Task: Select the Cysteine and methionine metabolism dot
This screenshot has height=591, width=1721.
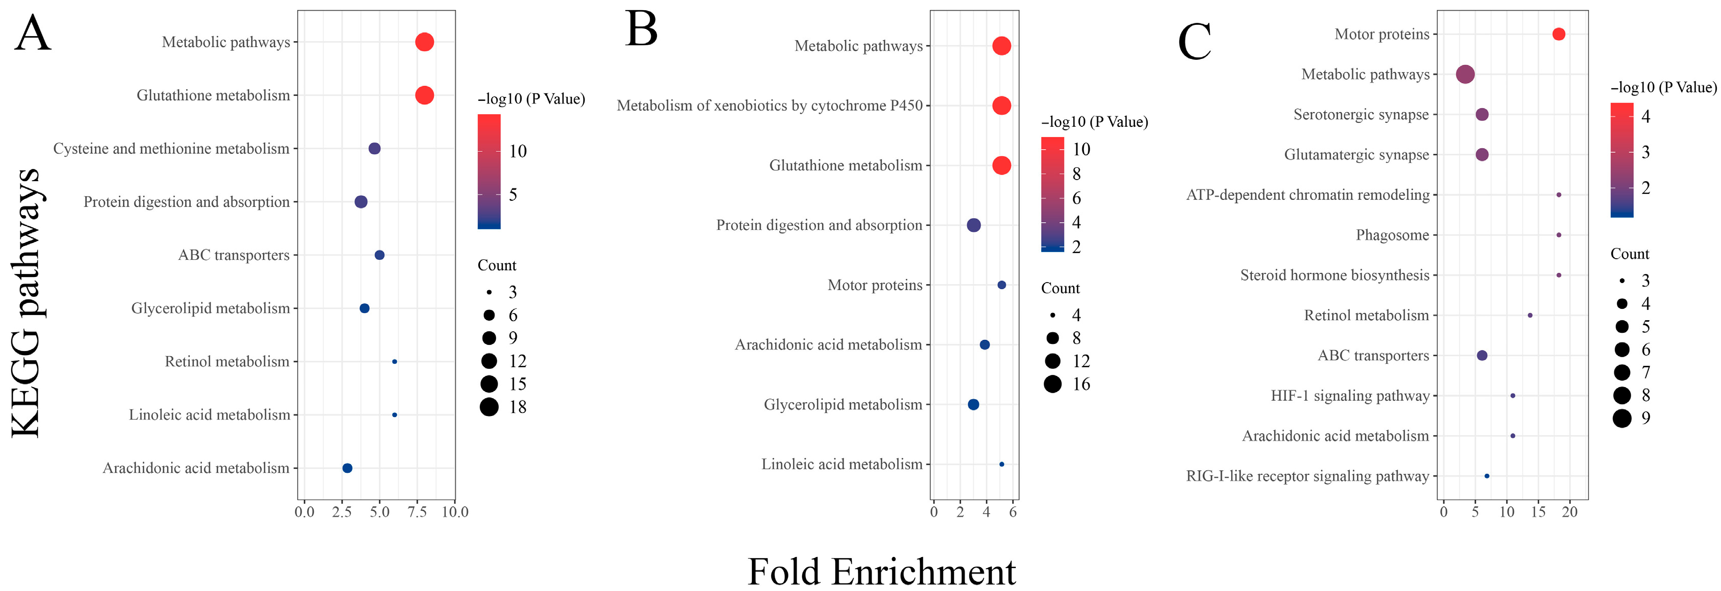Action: [x=374, y=148]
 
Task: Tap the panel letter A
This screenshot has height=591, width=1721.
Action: [x=32, y=33]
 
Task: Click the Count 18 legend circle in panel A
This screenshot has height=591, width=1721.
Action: [x=489, y=407]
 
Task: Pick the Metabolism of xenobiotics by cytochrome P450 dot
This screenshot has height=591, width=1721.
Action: [x=1001, y=106]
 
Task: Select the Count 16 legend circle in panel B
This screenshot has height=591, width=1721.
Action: [x=1052, y=384]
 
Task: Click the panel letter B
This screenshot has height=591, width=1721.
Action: [x=641, y=30]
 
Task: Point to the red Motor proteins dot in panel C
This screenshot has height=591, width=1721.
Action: [x=1559, y=34]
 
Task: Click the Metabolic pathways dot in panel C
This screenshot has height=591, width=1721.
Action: [x=1465, y=74]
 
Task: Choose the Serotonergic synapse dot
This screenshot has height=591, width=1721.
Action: [x=1482, y=114]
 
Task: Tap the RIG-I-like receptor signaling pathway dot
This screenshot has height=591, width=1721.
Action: [x=1486, y=476]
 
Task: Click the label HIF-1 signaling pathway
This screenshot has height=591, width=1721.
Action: [x=1349, y=396]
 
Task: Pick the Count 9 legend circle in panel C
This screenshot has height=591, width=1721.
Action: [x=1621, y=418]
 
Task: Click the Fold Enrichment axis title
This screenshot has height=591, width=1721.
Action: [x=881, y=572]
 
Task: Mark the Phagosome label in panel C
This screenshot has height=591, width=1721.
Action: [x=1393, y=235]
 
